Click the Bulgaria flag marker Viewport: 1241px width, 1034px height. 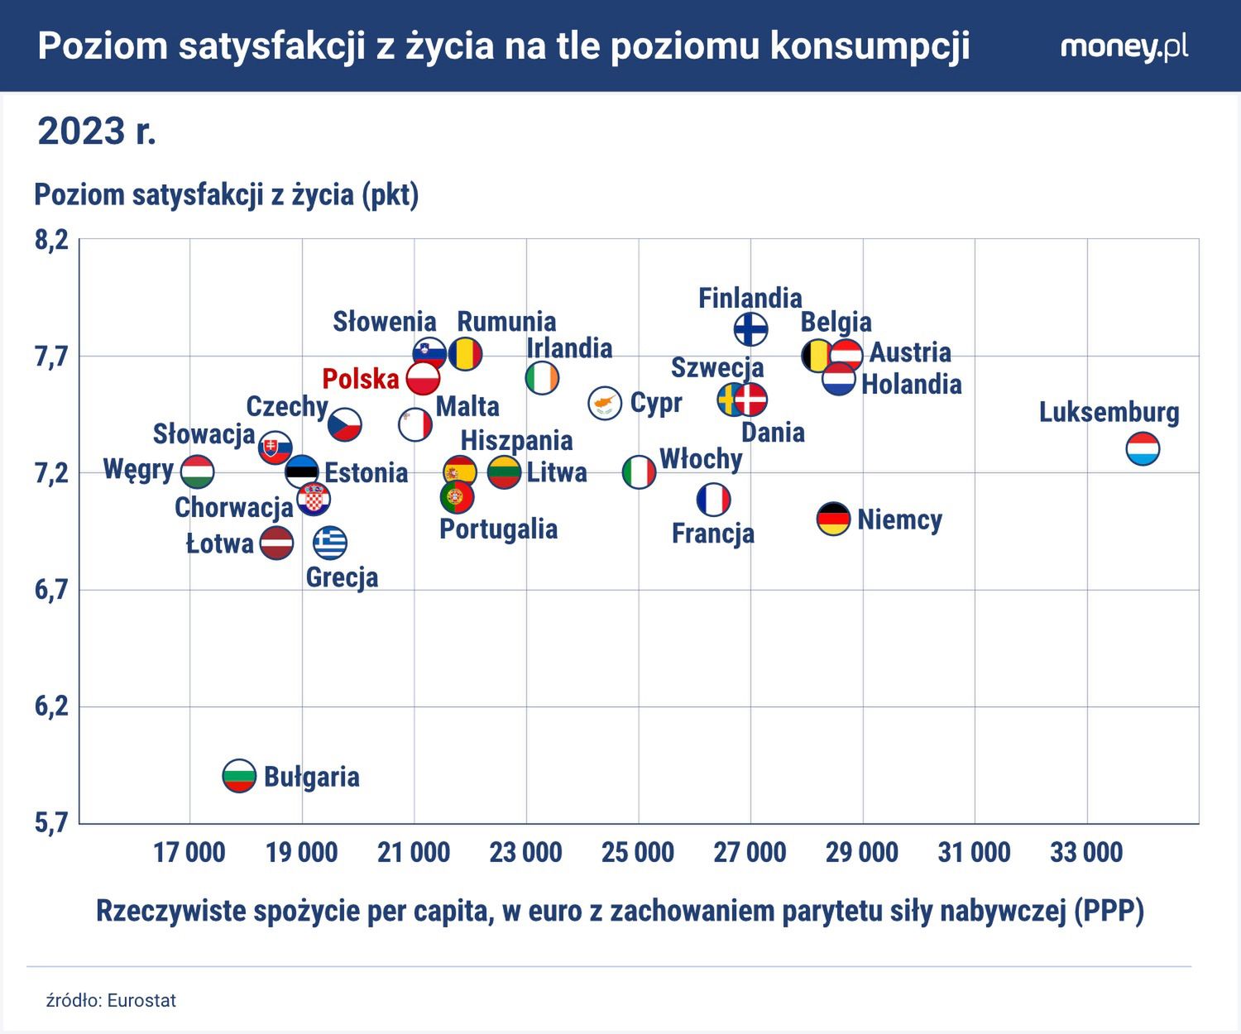click(x=239, y=776)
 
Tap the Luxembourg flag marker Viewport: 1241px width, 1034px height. click(x=1143, y=449)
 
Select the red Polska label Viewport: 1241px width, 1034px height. click(x=361, y=379)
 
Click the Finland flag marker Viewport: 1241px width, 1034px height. click(x=750, y=328)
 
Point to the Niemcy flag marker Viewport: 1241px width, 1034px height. click(x=833, y=519)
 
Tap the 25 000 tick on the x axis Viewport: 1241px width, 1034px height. click(x=638, y=852)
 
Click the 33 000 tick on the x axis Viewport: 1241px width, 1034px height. click(x=1086, y=852)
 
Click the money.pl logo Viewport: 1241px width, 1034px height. click(x=1124, y=46)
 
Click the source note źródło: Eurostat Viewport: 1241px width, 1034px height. click(x=111, y=1000)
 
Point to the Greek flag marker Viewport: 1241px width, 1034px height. click(x=330, y=543)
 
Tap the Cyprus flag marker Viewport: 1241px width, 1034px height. click(x=605, y=403)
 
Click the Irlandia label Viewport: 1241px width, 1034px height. click(x=569, y=348)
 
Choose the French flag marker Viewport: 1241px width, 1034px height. click(x=713, y=500)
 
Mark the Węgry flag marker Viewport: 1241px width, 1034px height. click(x=198, y=472)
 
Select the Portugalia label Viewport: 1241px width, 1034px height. click(x=498, y=529)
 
